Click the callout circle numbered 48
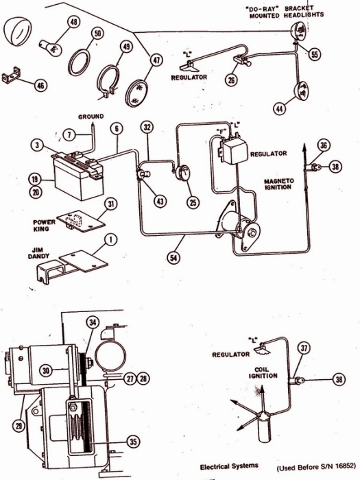click(74, 23)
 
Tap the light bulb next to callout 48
click(50, 48)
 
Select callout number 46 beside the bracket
click(40, 86)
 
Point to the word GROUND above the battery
click(91, 117)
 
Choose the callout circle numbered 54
click(173, 257)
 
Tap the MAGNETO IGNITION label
click(279, 184)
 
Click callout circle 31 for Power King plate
click(111, 204)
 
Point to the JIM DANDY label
click(38, 253)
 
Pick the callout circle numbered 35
click(134, 442)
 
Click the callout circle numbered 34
click(93, 322)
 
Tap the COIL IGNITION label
click(263, 372)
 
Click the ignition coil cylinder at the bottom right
click(265, 428)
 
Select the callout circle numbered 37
click(304, 348)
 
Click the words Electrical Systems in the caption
click(229, 466)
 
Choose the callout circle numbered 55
click(314, 54)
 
